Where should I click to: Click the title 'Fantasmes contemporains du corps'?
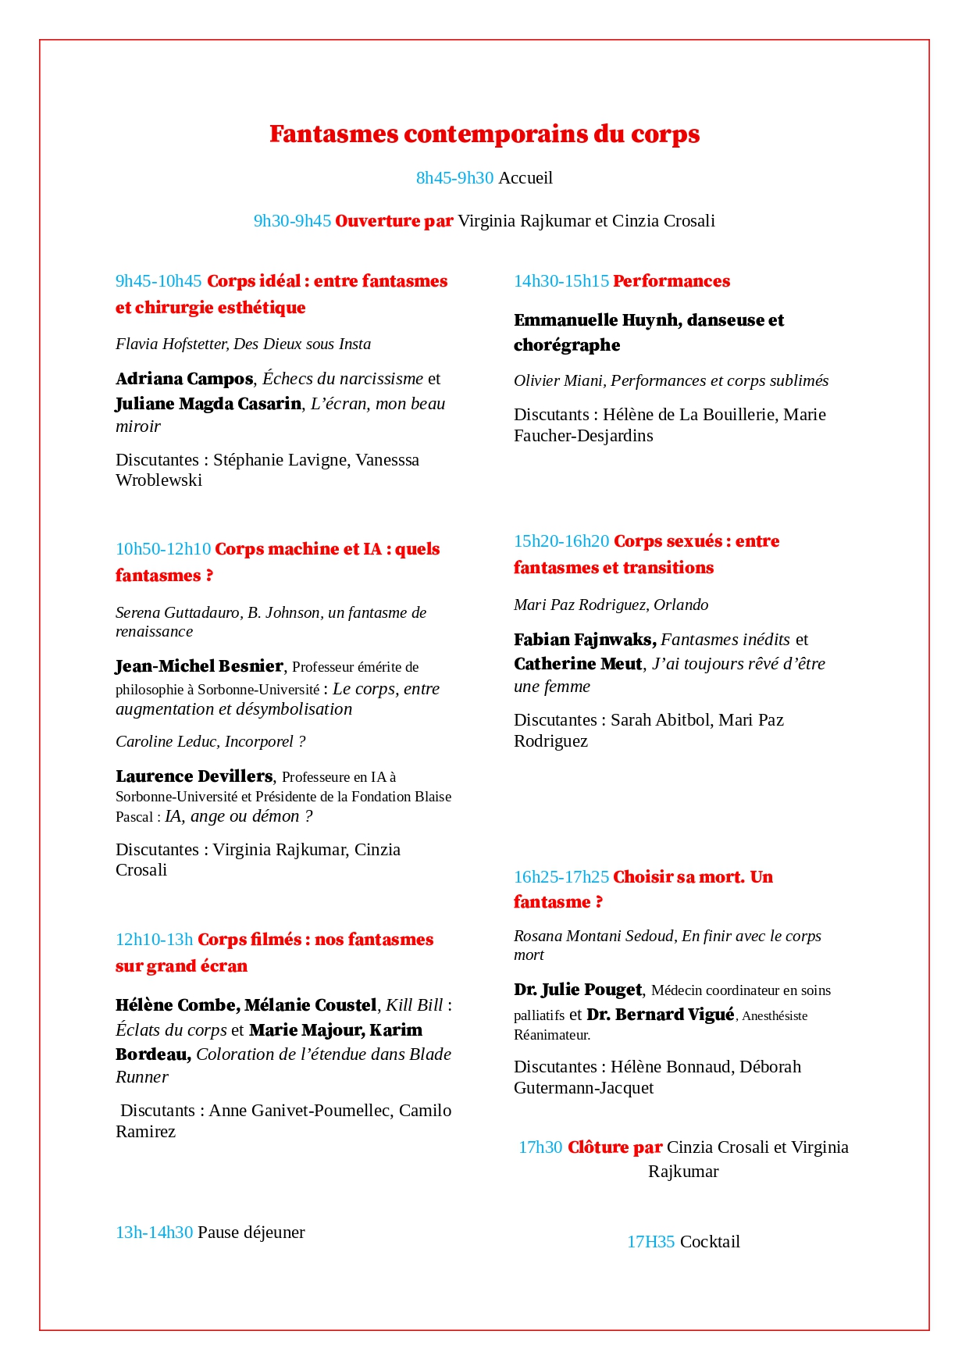(484, 134)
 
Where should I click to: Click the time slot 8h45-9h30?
(454, 178)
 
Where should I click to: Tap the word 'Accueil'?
(525, 178)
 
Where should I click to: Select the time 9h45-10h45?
(159, 281)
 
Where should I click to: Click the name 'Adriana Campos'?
(184, 379)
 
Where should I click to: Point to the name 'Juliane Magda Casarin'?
(208, 404)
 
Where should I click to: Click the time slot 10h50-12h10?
(163, 549)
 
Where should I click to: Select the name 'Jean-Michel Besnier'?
(199, 666)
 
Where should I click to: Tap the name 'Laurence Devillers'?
(194, 776)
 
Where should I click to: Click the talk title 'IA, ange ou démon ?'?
(239, 816)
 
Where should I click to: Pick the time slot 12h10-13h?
(154, 940)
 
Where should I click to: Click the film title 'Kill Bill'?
(415, 1005)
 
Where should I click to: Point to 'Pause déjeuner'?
(251, 1233)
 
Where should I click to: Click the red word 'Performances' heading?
(672, 281)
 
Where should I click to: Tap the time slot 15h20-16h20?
(561, 541)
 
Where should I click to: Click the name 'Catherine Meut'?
(578, 664)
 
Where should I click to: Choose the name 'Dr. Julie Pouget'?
(578, 990)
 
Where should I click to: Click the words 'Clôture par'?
(615, 1147)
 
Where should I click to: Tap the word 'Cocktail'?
(710, 1242)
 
